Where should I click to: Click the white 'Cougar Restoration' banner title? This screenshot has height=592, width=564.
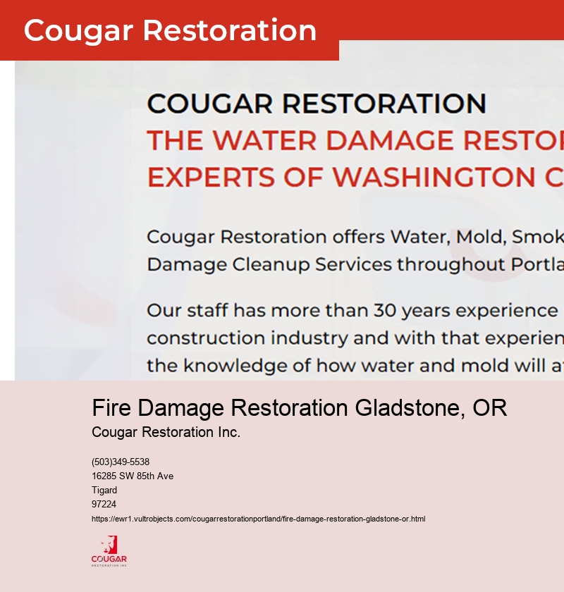point(170,31)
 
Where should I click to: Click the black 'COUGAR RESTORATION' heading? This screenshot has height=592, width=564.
point(317,104)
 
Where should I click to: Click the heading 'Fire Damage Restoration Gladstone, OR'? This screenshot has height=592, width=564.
point(300,408)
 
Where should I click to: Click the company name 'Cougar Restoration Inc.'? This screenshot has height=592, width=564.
point(166,432)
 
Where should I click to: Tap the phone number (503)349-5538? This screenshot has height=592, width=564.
point(121,462)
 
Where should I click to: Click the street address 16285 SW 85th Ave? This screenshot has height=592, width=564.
point(133,476)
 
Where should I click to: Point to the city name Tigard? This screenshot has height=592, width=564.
point(104,491)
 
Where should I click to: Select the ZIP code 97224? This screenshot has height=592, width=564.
point(104,505)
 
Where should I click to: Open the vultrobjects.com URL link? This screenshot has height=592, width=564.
point(258,519)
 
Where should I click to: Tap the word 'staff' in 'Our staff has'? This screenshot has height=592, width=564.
point(207,311)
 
